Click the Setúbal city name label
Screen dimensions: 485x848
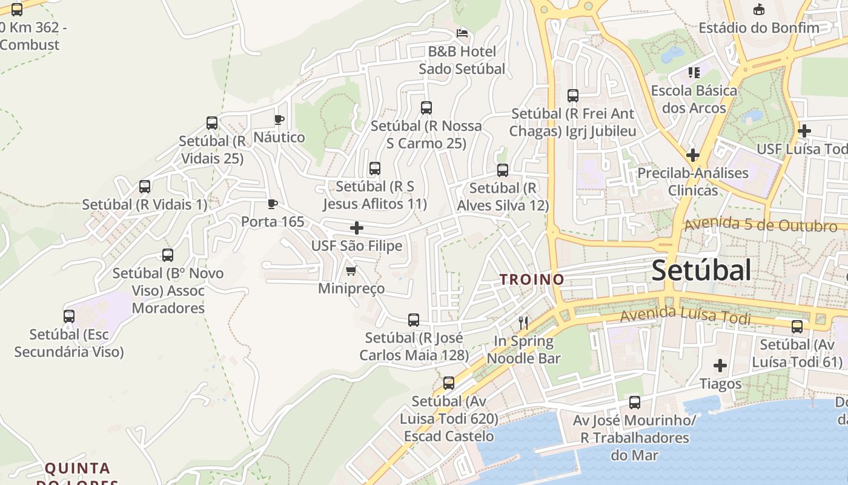point(701,270)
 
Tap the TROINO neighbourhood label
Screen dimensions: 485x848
point(532,279)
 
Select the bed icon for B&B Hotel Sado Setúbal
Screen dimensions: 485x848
point(462,33)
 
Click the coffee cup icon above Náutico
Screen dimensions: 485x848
point(279,119)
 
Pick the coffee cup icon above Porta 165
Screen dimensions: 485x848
point(273,204)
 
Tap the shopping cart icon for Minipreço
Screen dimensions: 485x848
point(351,270)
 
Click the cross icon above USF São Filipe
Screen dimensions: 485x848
point(357,228)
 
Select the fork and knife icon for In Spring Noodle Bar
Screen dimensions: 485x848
point(523,323)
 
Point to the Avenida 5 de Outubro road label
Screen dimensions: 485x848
point(760,225)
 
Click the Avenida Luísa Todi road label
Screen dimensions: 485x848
point(685,315)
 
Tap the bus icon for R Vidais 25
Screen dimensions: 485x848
point(212,123)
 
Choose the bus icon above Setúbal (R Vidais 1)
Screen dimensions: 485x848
point(145,187)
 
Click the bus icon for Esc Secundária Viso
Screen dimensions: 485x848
point(69,316)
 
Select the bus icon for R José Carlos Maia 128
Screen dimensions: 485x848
point(414,320)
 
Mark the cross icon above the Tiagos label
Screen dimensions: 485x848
point(720,366)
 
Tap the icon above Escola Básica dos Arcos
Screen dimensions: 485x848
point(694,73)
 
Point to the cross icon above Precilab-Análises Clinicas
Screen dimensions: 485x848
point(692,155)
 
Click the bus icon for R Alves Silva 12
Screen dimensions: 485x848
point(503,170)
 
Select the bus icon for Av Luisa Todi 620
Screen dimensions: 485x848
point(449,383)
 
